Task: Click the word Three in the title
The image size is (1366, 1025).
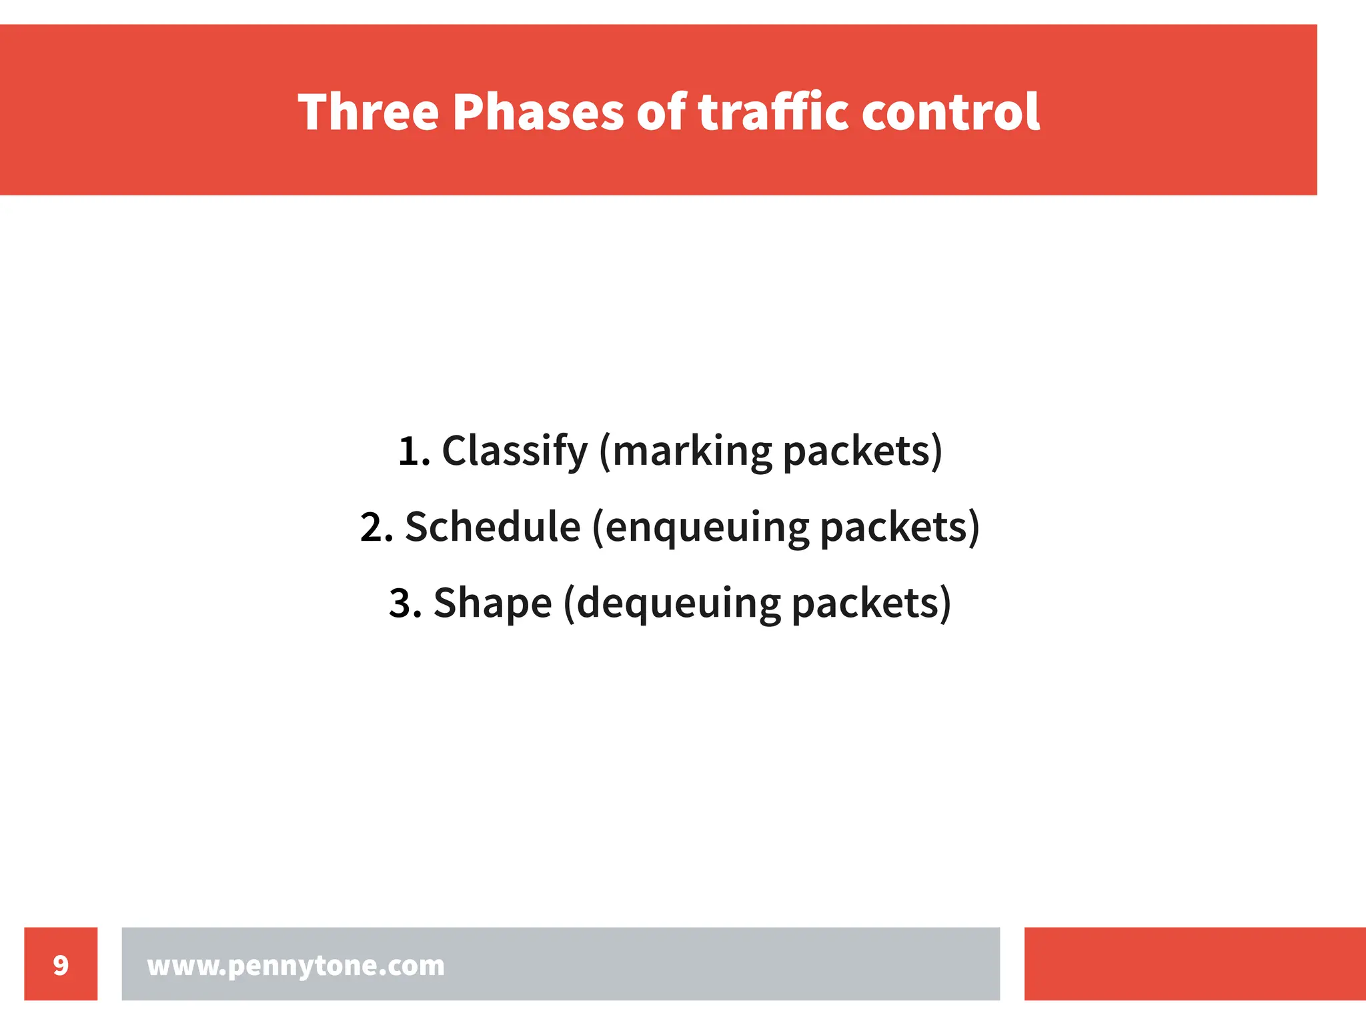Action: pyautogui.click(x=368, y=112)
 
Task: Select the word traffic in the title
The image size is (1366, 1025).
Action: pyautogui.click(x=773, y=112)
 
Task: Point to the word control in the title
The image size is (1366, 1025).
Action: pyautogui.click(x=950, y=112)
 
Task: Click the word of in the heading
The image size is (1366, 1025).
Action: pyautogui.click(x=661, y=112)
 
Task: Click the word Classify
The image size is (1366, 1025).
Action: pyautogui.click(x=514, y=451)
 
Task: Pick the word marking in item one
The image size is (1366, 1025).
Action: pyautogui.click(x=690, y=451)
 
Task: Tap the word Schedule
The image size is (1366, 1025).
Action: pyautogui.click(x=492, y=528)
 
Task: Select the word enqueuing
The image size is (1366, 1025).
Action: pyautogui.click(x=706, y=528)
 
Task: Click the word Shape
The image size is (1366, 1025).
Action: pyautogui.click(x=492, y=604)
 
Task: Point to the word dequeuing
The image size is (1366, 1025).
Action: pyautogui.click(x=678, y=604)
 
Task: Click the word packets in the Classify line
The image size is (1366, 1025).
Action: pyautogui.click(x=856, y=451)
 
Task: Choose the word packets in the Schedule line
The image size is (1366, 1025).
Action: pyautogui.click(x=894, y=528)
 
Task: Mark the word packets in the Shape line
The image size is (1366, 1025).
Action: pyautogui.click(x=865, y=604)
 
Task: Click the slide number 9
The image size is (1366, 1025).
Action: pyautogui.click(x=61, y=964)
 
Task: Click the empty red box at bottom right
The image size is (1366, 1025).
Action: pyautogui.click(x=1195, y=964)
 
